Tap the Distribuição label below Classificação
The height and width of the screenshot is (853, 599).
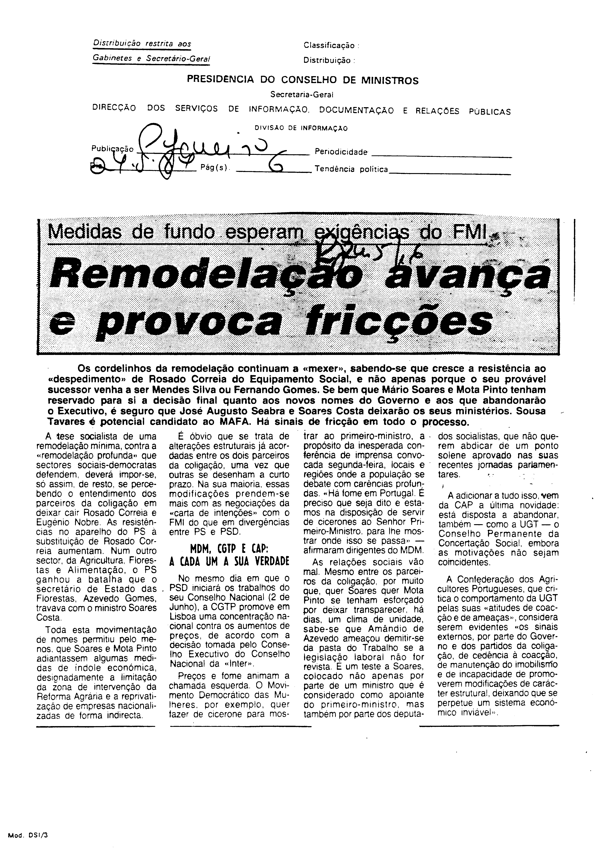[327, 60]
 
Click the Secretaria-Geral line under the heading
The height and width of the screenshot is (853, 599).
[302, 95]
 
